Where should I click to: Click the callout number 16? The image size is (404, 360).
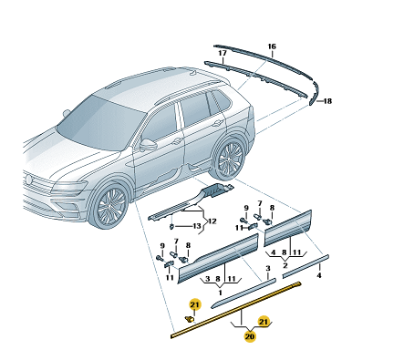[272, 46]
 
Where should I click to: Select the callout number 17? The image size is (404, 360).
[223, 53]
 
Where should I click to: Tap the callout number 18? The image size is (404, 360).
[327, 101]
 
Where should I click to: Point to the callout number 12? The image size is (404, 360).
[212, 221]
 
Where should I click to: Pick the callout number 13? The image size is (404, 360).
[197, 226]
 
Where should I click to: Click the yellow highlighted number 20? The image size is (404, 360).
[250, 336]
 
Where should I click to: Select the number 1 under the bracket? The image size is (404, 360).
[220, 293]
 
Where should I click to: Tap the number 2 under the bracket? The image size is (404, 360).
[285, 266]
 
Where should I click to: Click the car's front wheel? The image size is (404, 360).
[111, 204]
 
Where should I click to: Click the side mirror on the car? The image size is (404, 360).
[148, 145]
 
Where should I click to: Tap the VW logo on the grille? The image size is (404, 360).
[28, 180]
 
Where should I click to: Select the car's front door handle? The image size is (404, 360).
[177, 141]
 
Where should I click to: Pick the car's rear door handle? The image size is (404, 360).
[217, 123]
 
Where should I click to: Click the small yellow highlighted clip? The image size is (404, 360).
[190, 319]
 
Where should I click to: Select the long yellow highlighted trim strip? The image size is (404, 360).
[236, 310]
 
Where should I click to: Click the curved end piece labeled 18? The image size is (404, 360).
[314, 94]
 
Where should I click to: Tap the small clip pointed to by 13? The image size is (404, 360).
[171, 227]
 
